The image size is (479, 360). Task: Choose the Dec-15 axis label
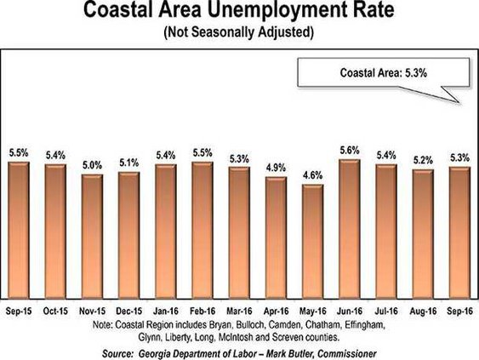click(x=129, y=312)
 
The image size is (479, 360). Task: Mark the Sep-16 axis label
click(x=459, y=312)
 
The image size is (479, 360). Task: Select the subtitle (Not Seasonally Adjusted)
click(x=239, y=36)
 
